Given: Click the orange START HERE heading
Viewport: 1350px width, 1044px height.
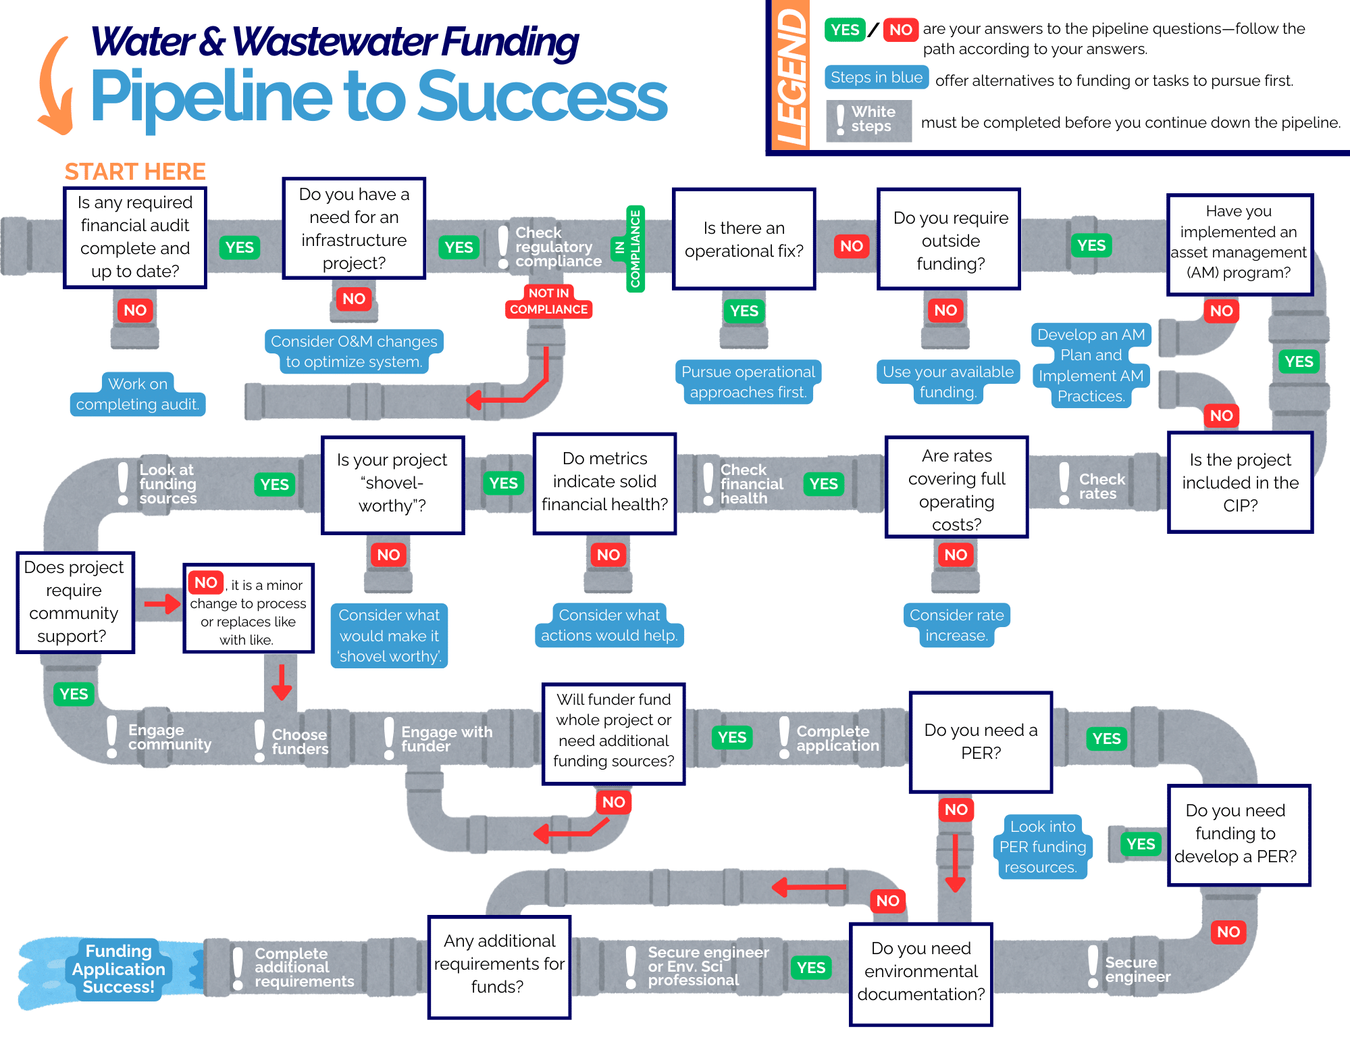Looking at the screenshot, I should (135, 172).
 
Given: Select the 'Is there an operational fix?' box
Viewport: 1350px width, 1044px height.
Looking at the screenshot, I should (744, 239).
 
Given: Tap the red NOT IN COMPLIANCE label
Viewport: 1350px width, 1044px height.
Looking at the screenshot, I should (548, 301).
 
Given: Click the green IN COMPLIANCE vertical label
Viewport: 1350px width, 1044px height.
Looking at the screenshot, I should (635, 249).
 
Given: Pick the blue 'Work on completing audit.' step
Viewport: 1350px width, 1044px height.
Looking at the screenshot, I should (138, 394).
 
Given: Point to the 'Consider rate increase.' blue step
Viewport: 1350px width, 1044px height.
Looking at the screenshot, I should (956, 625).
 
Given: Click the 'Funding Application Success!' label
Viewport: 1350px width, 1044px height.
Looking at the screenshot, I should (119, 969).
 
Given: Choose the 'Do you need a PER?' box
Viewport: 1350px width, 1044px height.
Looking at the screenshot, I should (981, 741).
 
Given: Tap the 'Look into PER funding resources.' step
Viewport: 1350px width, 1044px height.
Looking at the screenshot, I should (1042, 847).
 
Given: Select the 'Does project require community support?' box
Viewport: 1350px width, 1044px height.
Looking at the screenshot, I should (75, 602).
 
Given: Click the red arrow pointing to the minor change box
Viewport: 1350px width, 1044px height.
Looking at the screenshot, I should (162, 603).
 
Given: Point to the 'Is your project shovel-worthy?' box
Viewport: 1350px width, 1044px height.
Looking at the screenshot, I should (392, 484).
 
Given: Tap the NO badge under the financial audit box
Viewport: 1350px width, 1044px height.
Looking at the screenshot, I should (135, 310).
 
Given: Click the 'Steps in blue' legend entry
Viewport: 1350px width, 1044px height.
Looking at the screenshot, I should (876, 78).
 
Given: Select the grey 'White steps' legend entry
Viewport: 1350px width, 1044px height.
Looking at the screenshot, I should (868, 120).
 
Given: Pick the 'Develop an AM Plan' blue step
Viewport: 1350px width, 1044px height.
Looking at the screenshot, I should (1091, 365).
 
